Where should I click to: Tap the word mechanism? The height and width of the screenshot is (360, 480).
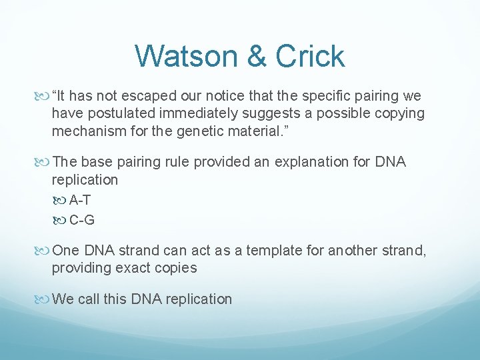(86, 131)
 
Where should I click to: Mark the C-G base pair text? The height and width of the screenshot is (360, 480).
(82, 219)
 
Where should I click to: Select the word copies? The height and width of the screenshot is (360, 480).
(175, 268)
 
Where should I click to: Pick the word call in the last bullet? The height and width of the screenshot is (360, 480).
(89, 299)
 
